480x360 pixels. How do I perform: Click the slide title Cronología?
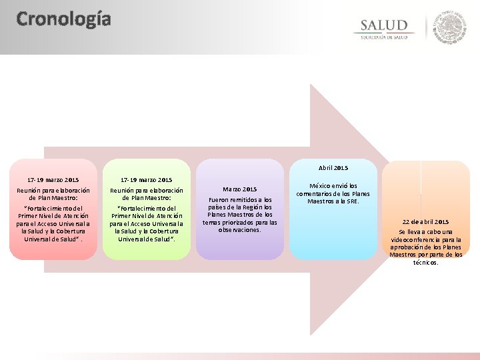coord(63,19)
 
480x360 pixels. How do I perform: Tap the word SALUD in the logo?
coord(384,25)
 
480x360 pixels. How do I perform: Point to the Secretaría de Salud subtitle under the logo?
coord(384,37)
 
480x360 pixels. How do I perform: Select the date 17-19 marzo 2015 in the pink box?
coord(53,180)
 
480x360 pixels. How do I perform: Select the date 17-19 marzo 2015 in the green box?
coord(146,180)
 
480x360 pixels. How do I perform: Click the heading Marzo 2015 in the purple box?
coord(239,189)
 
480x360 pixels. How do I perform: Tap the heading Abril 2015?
coord(333,168)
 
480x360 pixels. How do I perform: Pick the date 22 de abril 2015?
coord(425,221)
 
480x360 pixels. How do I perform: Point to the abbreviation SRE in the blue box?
coord(351,201)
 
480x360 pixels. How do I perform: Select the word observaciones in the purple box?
coord(239,229)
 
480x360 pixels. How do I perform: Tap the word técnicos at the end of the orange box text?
coord(425,262)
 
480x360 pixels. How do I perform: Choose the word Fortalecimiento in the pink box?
coord(54,208)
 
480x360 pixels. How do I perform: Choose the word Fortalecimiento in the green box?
coord(147,208)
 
